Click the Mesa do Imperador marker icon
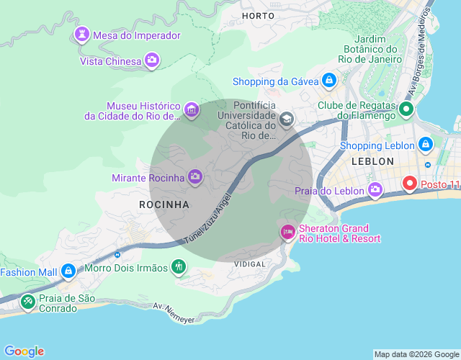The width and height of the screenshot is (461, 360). coord(82,35)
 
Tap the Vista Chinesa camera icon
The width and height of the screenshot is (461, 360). coord(152,60)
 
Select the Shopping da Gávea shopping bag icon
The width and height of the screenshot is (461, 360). coord(329,81)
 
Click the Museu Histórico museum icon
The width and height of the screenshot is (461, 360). coord(191,109)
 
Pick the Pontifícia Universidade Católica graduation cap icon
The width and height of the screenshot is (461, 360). coord(287,119)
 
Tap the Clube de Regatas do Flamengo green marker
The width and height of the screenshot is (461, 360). coord(406,110)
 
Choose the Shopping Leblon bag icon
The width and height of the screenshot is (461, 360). coord(426,145)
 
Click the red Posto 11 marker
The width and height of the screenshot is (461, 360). coord(410,184)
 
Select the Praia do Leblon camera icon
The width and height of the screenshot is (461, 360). coord(375,190)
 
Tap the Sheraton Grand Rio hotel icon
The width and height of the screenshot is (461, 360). coord(287,232)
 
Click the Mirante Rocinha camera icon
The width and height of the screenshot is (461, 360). coord(195,176)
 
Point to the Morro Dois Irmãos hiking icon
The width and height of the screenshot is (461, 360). coord(179,268)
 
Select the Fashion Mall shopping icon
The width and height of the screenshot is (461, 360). coord(68,271)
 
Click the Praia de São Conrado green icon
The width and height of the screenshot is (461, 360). coord(27,302)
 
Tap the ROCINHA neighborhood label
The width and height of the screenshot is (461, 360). coord(164,204)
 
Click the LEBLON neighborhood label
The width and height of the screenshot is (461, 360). coord(372,161)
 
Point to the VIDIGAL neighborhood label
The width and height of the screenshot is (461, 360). coord(250,264)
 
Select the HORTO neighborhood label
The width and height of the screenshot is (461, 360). coord(259,15)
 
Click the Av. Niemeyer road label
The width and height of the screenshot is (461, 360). coord(174,312)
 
